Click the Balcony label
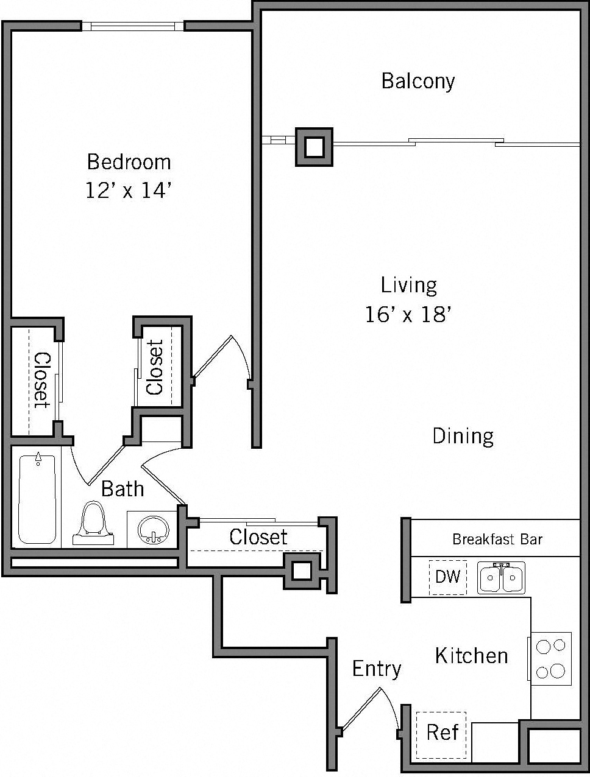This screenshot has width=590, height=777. point(418,81)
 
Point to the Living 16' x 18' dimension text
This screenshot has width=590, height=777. point(408,314)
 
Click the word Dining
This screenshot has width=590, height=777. point(463,436)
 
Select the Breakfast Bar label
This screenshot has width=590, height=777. point(497,539)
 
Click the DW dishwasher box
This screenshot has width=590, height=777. point(448,577)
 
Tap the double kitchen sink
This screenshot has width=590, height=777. point(501,578)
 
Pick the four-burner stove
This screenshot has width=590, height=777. point(551,658)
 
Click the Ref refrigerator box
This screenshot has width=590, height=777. point(441,732)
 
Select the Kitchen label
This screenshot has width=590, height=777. point(471,656)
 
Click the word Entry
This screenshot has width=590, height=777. point(376,669)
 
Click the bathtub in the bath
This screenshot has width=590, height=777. point(37,499)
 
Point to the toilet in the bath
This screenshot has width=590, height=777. point(93,524)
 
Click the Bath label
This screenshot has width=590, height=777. point(123,489)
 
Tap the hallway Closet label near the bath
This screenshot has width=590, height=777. point(258,537)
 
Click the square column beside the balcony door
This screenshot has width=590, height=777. point(314,147)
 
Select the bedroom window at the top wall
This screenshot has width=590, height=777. point(133,26)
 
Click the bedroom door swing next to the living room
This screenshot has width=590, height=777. point(222,359)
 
